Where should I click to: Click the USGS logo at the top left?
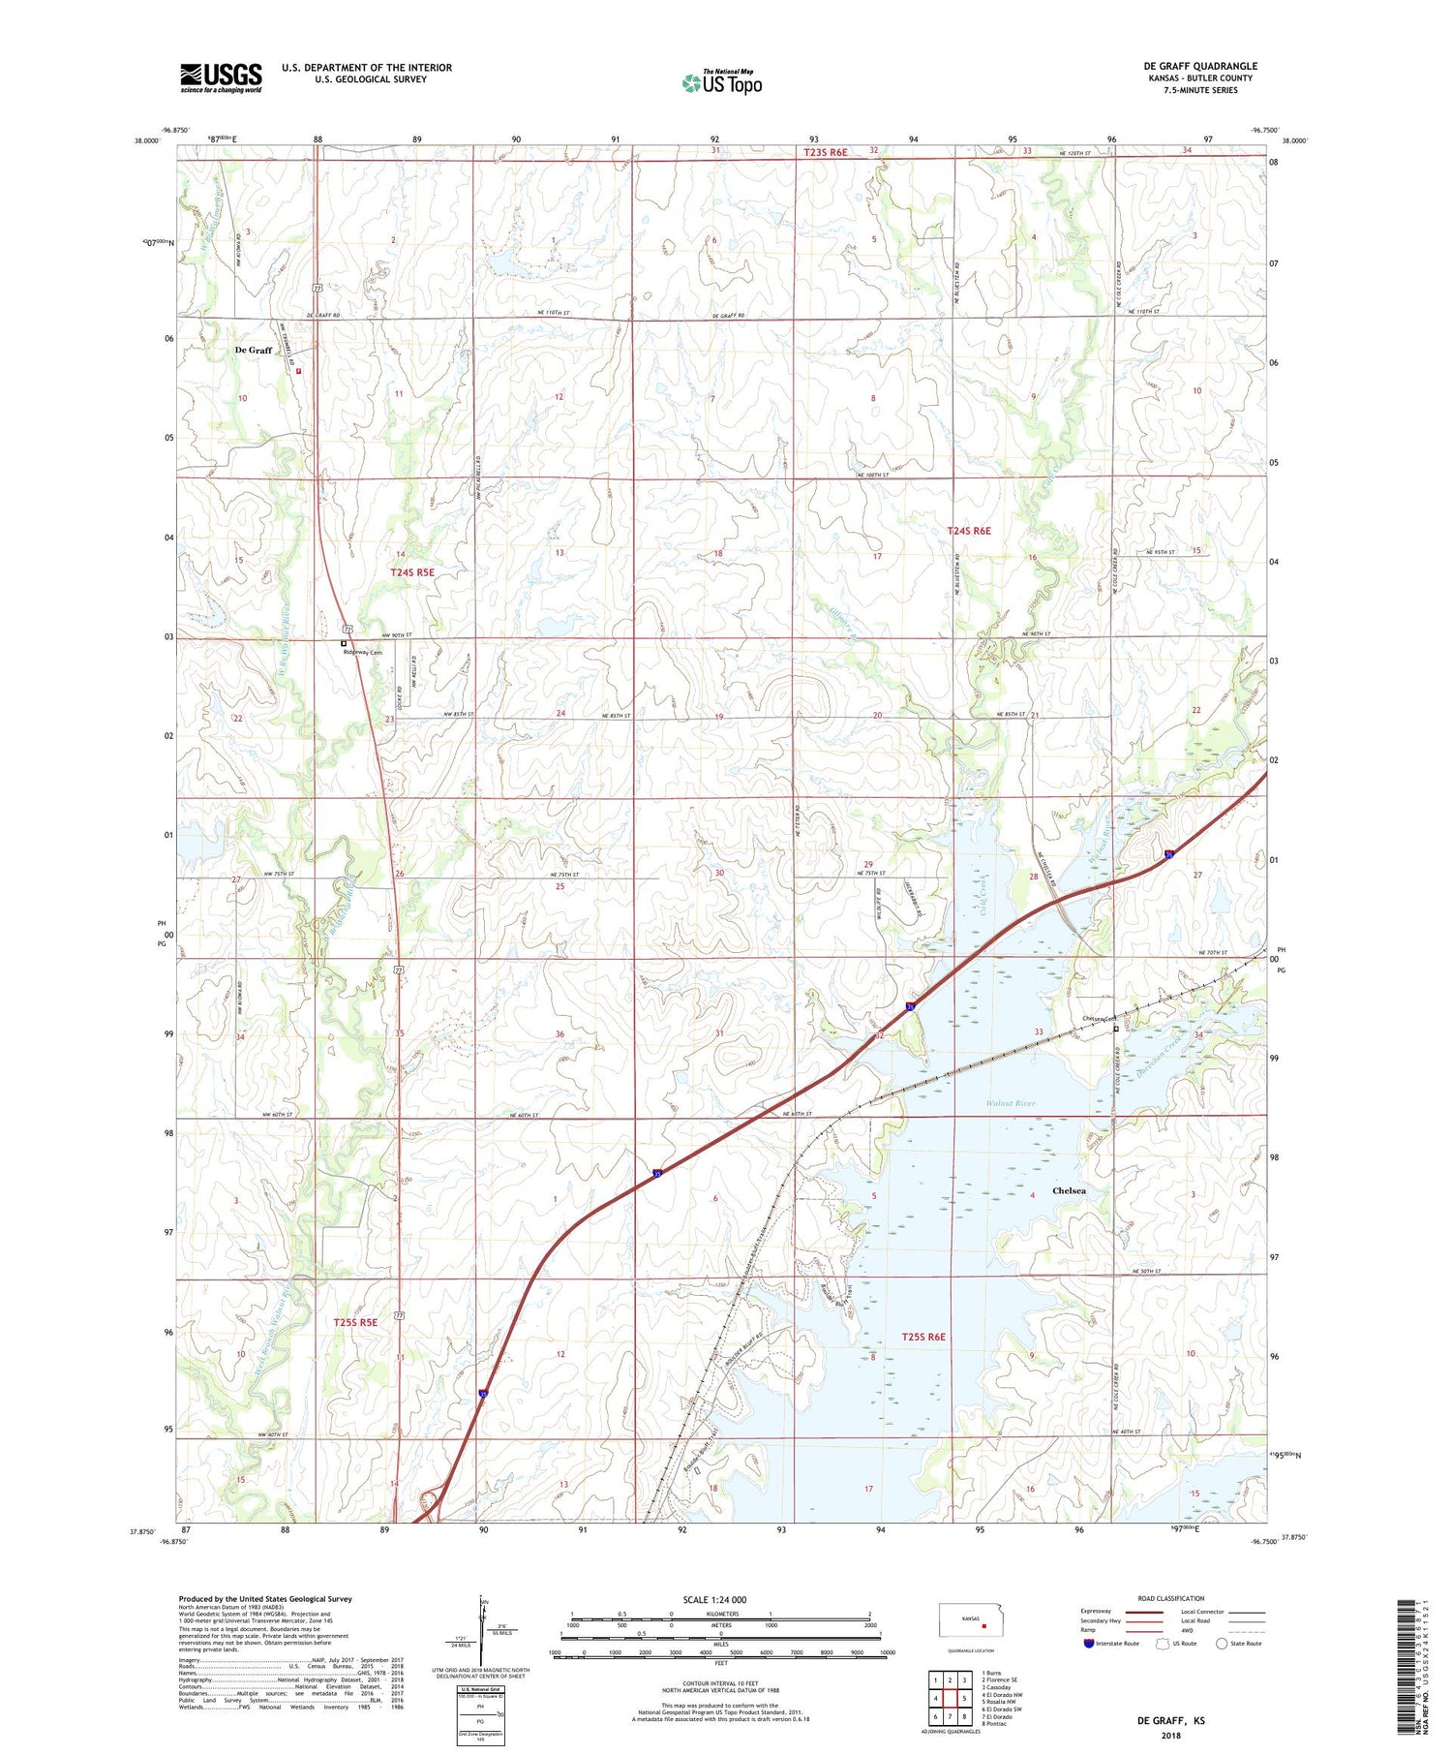(x=221, y=77)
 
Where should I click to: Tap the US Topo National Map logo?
(x=722, y=82)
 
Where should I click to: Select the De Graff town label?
(x=254, y=350)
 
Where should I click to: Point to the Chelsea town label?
(x=1069, y=1190)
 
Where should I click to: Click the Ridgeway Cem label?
(x=363, y=653)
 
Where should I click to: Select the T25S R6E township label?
(x=923, y=1337)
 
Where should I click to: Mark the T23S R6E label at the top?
(x=825, y=152)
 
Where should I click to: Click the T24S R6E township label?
(x=969, y=531)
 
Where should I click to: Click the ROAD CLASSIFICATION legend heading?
(x=1171, y=1598)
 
